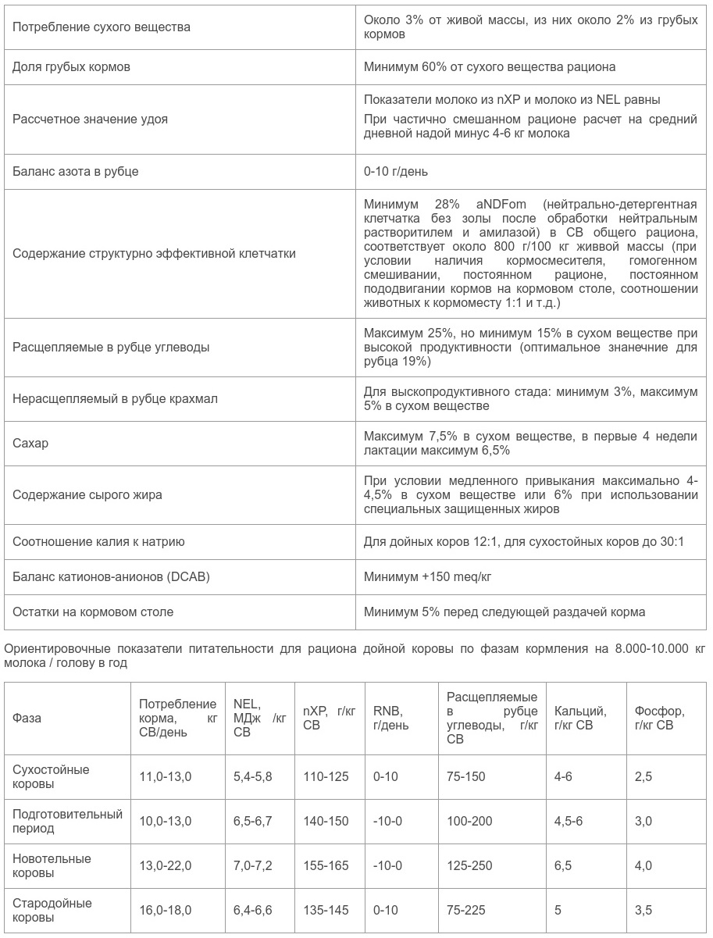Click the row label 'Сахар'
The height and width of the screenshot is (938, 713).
(x=30, y=444)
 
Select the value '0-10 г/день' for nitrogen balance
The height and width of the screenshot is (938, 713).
(x=395, y=171)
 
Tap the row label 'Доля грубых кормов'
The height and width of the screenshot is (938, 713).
(x=71, y=67)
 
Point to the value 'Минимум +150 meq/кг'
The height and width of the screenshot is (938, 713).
(x=427, y=577)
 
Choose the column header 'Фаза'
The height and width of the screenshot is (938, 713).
(x=27, y=718)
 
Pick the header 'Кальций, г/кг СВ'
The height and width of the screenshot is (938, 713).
(x=580, y=718)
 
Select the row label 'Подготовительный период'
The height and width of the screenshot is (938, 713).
(x=67, y=821)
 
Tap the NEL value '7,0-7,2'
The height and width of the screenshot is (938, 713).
(x=252, y=865)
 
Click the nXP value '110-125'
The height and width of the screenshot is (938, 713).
(x=326, y=776)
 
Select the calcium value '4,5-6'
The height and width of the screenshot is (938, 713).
(x=569, y=821)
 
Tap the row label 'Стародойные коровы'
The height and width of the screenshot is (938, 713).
(x=52, y=910)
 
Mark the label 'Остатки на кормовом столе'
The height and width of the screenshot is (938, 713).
(x=93, y=612)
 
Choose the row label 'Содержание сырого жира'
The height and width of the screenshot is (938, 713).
(x=87, y=495)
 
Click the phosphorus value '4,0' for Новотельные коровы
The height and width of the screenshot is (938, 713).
(x=643, y=865)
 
